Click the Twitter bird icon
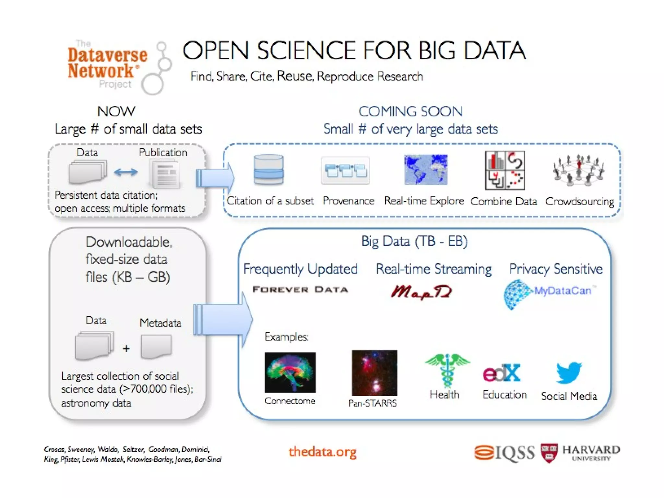[569, 373]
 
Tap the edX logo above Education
[502, 373]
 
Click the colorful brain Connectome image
[290, 372]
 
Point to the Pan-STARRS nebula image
[374, 373]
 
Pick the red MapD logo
[421, 292]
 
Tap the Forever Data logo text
[300, 290]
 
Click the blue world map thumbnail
[426, 170]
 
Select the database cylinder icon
[268, 170]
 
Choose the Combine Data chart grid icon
[505, 170]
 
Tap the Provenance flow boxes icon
[345, 171]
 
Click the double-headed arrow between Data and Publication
[126, 172]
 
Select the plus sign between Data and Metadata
[126, 349]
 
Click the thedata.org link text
[322, 452]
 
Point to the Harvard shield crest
[549, 453]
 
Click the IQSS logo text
[504, 453]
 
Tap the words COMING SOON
[410, 112]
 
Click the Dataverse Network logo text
[107, 63]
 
